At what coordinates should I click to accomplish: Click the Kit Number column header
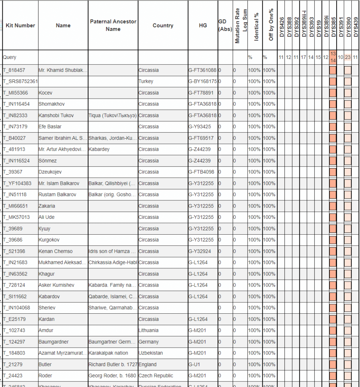[x=20, y=25]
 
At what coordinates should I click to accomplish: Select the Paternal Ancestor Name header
[x=113, y=25]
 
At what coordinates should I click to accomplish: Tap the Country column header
[x=163, y=25]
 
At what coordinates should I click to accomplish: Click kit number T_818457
[x=14, y=70]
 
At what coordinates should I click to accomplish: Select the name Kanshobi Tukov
[x=56, y=115]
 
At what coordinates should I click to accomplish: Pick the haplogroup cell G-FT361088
[x=202, y=70]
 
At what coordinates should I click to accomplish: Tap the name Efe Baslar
[x=50, y=127]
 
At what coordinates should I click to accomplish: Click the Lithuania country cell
[x=149, y=330]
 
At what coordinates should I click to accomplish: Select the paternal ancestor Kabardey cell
[x=99, y=149]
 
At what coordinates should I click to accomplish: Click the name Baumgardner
[x=54, y=342]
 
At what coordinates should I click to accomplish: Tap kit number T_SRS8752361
[x=20, y=81]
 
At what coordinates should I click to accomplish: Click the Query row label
[x=10, y=57]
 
